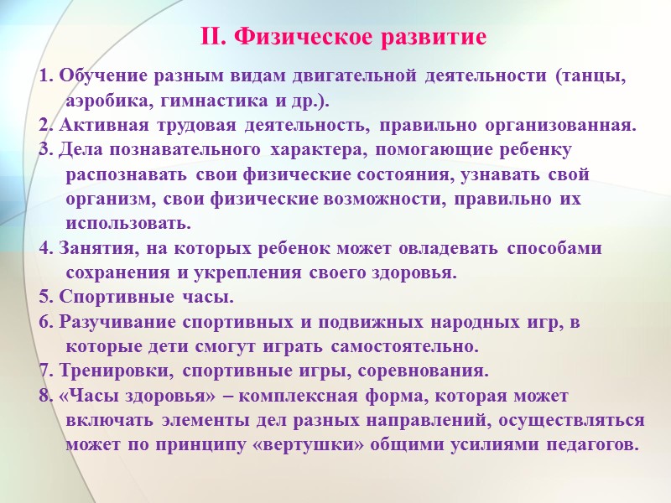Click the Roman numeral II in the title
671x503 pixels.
[x=212, y=38]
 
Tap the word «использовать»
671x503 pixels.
[x=127, y=224]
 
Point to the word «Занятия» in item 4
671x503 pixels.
[x=89, y=249]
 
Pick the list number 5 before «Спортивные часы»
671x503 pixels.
[x=44, y=298]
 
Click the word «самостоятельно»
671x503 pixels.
[x=406, y=346]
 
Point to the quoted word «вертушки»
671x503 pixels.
[x=309, y=444]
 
